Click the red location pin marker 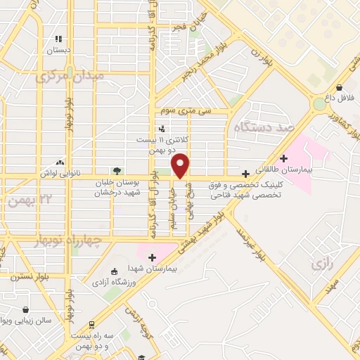pyautogui.click(x=181, y=166)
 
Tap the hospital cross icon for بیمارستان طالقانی pyautogui.click(x=284, y=158)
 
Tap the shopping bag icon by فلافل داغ pyautogui.click(x=340, y=88)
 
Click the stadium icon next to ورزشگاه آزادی pyautogui.click(x=115, y=271)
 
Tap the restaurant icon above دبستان pyautogui.click(x=58, y=39)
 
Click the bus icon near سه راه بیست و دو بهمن pyautogui.click(x=91, y=325)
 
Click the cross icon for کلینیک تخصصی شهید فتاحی pyautogui.click(x=245, y=174)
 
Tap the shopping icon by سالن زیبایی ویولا pyautogui.click(x=26, y=309)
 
